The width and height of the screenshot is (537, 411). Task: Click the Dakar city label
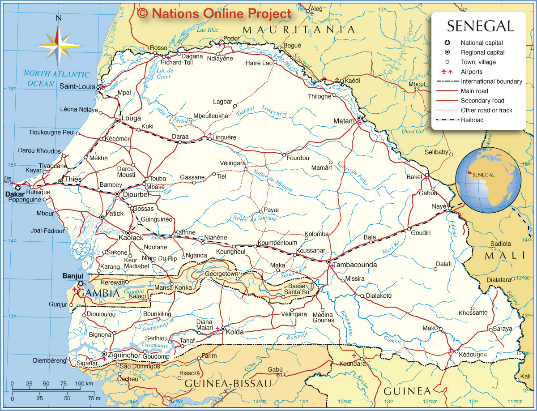14,195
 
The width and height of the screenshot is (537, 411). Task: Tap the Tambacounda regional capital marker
328,261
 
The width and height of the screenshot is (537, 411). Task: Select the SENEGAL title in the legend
480,26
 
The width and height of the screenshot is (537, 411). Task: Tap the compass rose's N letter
58,18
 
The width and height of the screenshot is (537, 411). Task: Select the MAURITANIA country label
298,30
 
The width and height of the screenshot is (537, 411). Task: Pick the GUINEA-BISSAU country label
228,383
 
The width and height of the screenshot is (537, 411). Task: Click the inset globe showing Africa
488,181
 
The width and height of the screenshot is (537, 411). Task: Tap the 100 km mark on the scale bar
84,384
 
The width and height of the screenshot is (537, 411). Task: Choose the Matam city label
344,121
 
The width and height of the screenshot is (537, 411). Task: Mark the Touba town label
158,179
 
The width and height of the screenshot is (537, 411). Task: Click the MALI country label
504,255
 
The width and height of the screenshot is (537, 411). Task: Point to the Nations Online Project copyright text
215,13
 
